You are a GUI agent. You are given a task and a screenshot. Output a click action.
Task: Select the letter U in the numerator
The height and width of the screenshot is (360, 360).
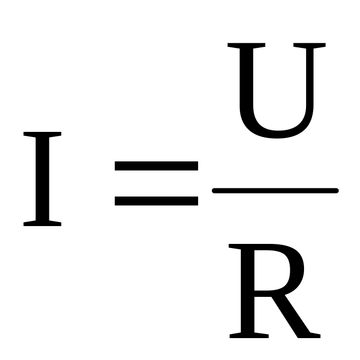coord(275,92)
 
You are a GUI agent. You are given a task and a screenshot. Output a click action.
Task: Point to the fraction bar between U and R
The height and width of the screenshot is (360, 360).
coord(275,190)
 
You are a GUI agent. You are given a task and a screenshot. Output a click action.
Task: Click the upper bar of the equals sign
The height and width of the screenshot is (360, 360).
coord(156,166)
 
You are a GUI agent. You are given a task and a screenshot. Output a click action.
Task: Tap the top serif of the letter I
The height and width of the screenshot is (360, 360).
coord(42,135)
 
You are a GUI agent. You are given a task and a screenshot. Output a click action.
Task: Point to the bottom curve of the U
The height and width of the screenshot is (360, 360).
coord(278,132)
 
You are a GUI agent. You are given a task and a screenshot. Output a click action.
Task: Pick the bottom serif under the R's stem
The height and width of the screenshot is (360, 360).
coord(248,335)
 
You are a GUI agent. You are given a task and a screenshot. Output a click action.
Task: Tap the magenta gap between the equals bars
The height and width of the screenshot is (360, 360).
coord(156,183)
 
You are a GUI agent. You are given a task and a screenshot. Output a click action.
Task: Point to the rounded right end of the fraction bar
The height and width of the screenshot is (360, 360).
coord(336,190)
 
